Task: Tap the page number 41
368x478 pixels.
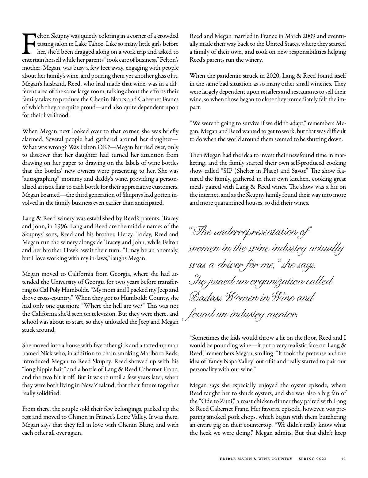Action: point(343,459)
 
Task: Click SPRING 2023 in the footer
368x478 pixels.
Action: point(312,459)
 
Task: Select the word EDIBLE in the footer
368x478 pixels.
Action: point(228,459)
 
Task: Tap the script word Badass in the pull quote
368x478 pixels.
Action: point(205,297)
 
